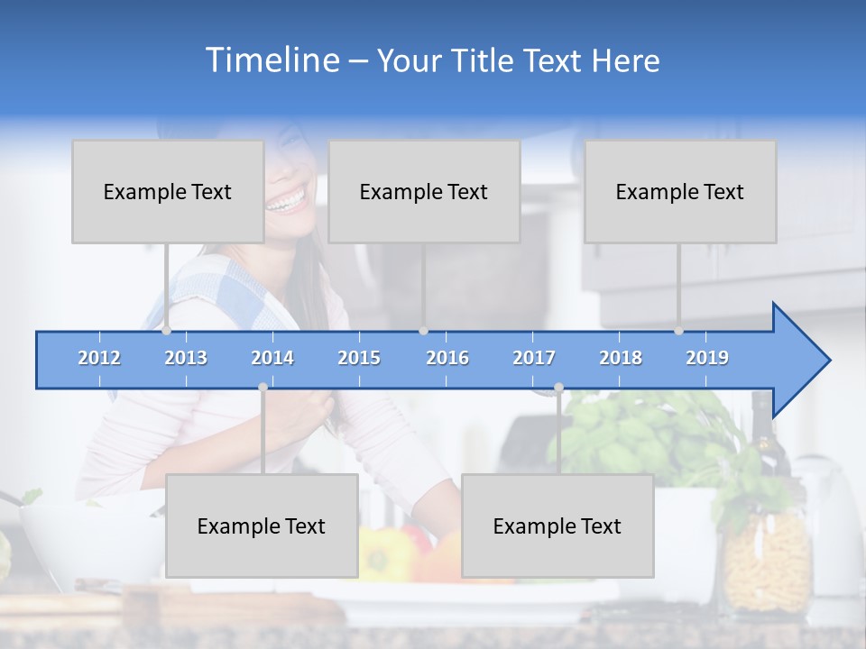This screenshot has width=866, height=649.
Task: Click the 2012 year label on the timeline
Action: point(99,358)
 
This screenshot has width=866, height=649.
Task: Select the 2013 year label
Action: point(186,358)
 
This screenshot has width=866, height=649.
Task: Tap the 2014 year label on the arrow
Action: point(272,358)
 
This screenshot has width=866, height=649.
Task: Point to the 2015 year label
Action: point(359,358)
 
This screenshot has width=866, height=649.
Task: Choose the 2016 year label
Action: point(447,358)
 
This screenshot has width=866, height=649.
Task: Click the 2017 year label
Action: point(534,358)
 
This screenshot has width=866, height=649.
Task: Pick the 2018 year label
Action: point(621,358)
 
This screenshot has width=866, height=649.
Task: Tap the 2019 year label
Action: point(707,358)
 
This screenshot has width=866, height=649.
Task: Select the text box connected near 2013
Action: point(168,191)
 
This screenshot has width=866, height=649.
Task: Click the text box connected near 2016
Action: point(424,191)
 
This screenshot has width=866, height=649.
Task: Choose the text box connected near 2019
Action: point(680,191)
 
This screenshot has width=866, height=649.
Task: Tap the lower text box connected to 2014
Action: point(262,526)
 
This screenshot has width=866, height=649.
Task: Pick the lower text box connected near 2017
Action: point(557,526)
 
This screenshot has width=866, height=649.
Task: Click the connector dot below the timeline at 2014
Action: point(263,387)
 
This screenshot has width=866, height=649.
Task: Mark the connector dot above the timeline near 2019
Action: point(679,330)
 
